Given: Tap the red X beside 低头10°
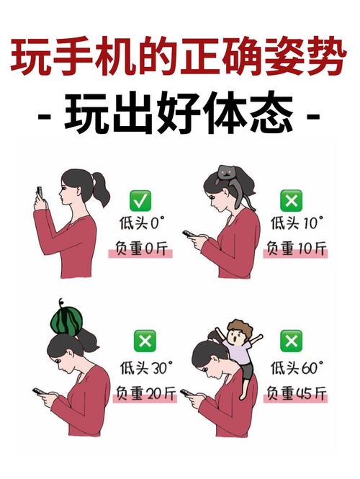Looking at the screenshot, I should point(291,200).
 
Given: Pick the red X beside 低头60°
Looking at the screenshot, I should point(291,341).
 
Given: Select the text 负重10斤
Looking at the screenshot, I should point(296,250).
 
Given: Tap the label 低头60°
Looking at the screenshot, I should point(295,367).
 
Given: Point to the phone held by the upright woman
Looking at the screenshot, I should point(40,193).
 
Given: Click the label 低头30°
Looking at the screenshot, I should point(144,367).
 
